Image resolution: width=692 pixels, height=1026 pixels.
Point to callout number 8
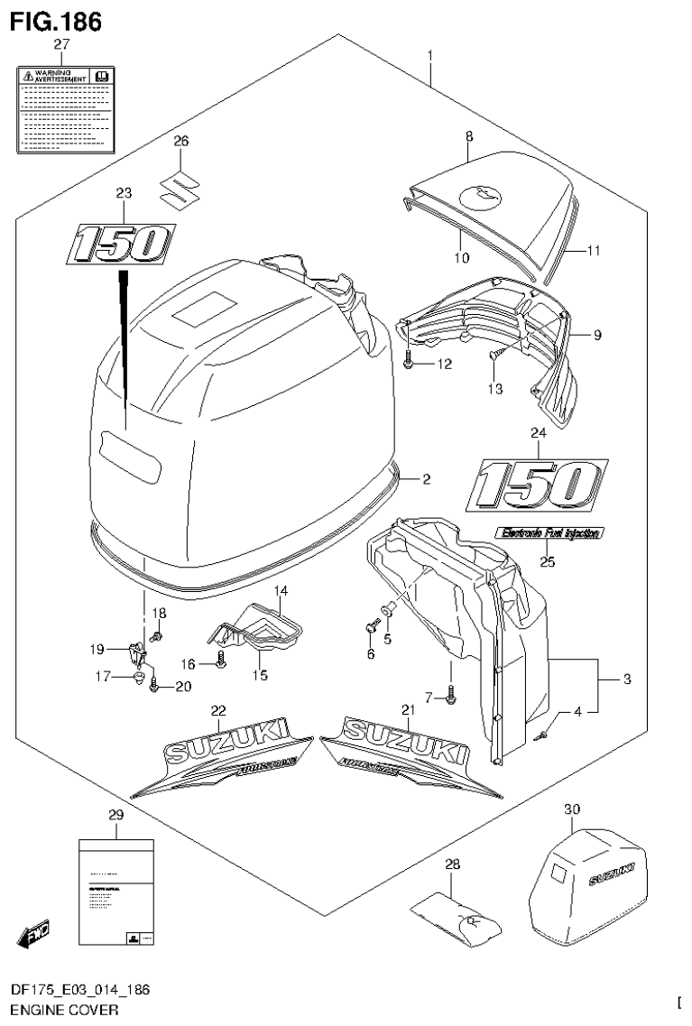point(469,135)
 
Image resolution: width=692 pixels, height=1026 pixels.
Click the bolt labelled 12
point(410,365)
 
